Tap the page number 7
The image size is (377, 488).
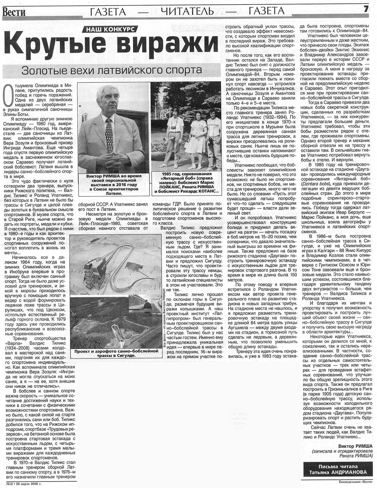pyautogui.click(x=366, y=9)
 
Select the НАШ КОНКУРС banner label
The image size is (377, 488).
pyautogui.click(x=110, y=30)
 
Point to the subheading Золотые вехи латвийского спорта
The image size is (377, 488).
pyautogui.click(x=112, y=70)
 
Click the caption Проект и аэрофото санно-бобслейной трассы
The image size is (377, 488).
pyautogui.click(x=116, y=353)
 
